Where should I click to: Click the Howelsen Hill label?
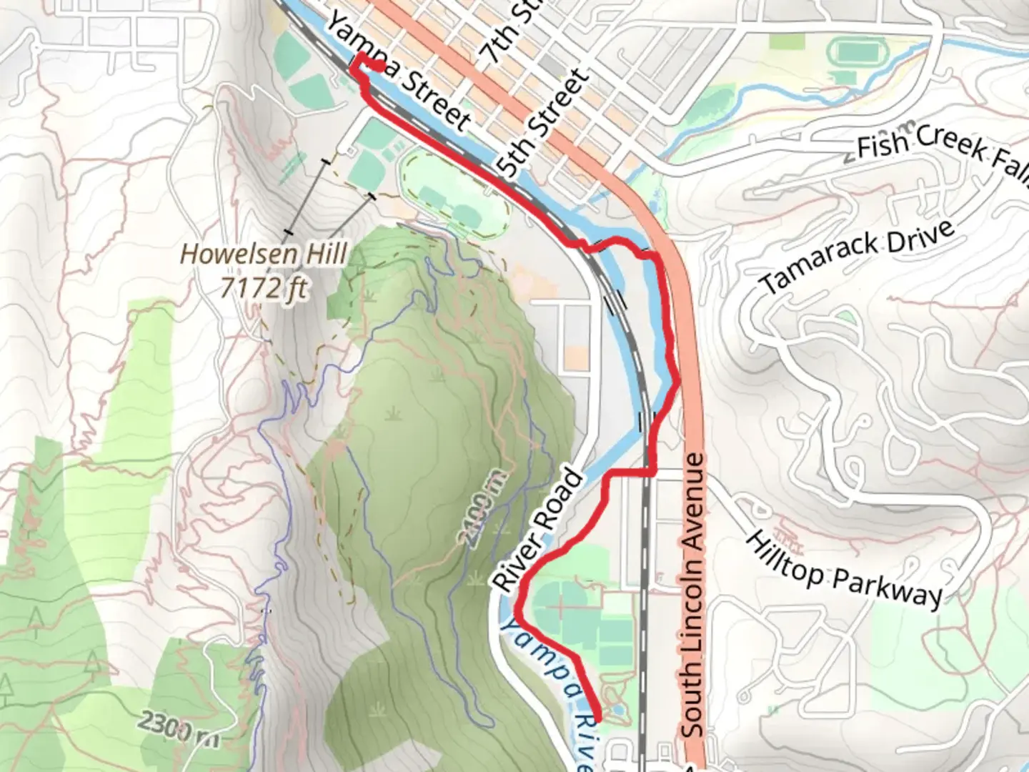pyautogui.click(x=264, y=254)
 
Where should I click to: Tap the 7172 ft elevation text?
pyautogui.click(x=264, y=287)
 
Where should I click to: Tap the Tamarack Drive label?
pyautogui.click(x=857, y=257)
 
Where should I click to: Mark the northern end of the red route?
pyautogui.click(x=382, y=66)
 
